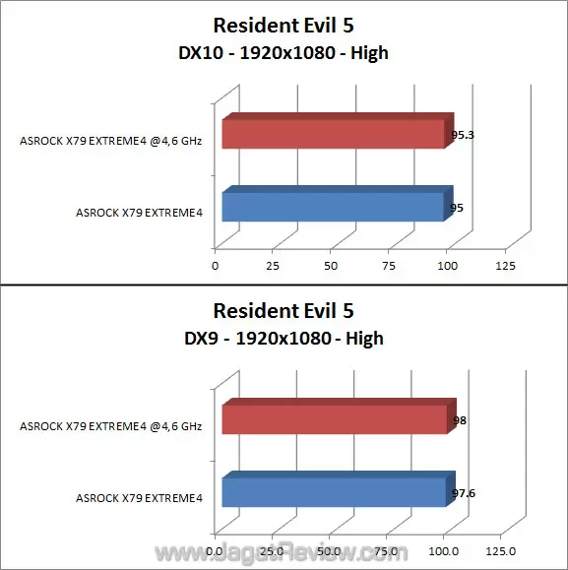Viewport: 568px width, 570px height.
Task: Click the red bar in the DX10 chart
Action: pos(333,134)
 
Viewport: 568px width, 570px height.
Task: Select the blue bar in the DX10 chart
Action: pos(333,208)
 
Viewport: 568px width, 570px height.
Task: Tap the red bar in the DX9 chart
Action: pos(335,419)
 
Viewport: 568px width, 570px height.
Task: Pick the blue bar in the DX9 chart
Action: pos(335,492)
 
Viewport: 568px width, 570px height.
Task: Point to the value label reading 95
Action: pos(457,208)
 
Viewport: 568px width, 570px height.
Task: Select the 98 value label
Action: pos(459,420)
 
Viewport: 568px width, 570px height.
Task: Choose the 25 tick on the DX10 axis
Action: pos(274,266)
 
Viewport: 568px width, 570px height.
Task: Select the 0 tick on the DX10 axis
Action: pos(216,266)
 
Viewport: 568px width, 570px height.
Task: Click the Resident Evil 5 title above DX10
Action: pos(284,27)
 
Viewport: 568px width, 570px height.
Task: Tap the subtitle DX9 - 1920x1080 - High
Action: pos(284,339)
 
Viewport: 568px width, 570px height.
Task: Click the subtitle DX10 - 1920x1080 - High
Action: pos(284,53)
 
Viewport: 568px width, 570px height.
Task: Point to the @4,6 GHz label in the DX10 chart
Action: pos(110,141)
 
